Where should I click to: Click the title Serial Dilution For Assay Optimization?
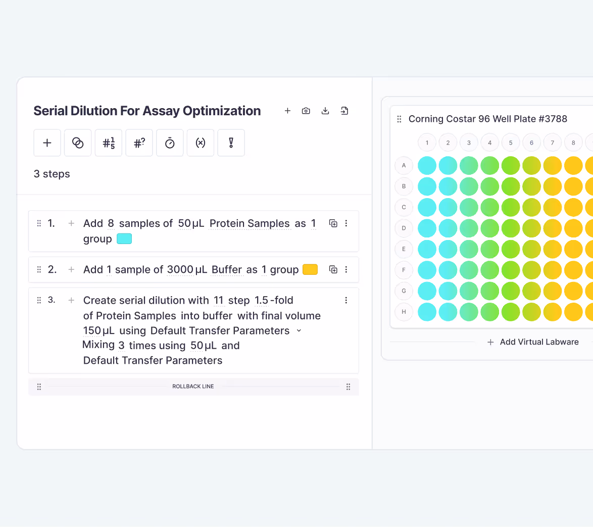pyautogui.click(x=147, y=111)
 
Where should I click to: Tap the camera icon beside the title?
pyautogui.click(x=306, y=111)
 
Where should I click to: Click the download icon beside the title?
pyautogui.click(x=325, y=111)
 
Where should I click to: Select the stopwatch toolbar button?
pyautogui.click(x=170, y=143)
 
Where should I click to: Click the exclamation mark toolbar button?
pyautogui.click(x=231, y=143)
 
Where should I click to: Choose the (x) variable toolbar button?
pyautogui.click(x=201, y=143)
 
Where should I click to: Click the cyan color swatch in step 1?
pyautogui.click(x=124, y=239)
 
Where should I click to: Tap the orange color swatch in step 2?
pyautogui.click(x=310, y=269)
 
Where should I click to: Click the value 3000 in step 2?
pyautogui.click(x=180, y=270)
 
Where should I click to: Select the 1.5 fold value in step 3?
pyautogui.click(x=262, y=301)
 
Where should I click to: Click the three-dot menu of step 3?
pyautogui.click(x=346, y=300)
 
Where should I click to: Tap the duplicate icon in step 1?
pyautogui.click(x=333, y=223)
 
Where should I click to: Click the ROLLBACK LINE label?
pyautogui.click(x=193, y=387)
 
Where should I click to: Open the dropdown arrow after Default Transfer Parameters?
pyautogui.click(x=299, y=330)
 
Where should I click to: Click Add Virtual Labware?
pyautogui.click(x=538, y=342)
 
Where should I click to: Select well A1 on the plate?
pyautogui.click(x=427, y=165)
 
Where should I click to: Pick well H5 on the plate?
pyautogui.click(x=511, y=312)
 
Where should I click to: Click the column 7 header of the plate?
pyautogui.click(x=553, y=142)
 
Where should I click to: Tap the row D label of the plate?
pyautogui.click(x=404, y=228)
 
